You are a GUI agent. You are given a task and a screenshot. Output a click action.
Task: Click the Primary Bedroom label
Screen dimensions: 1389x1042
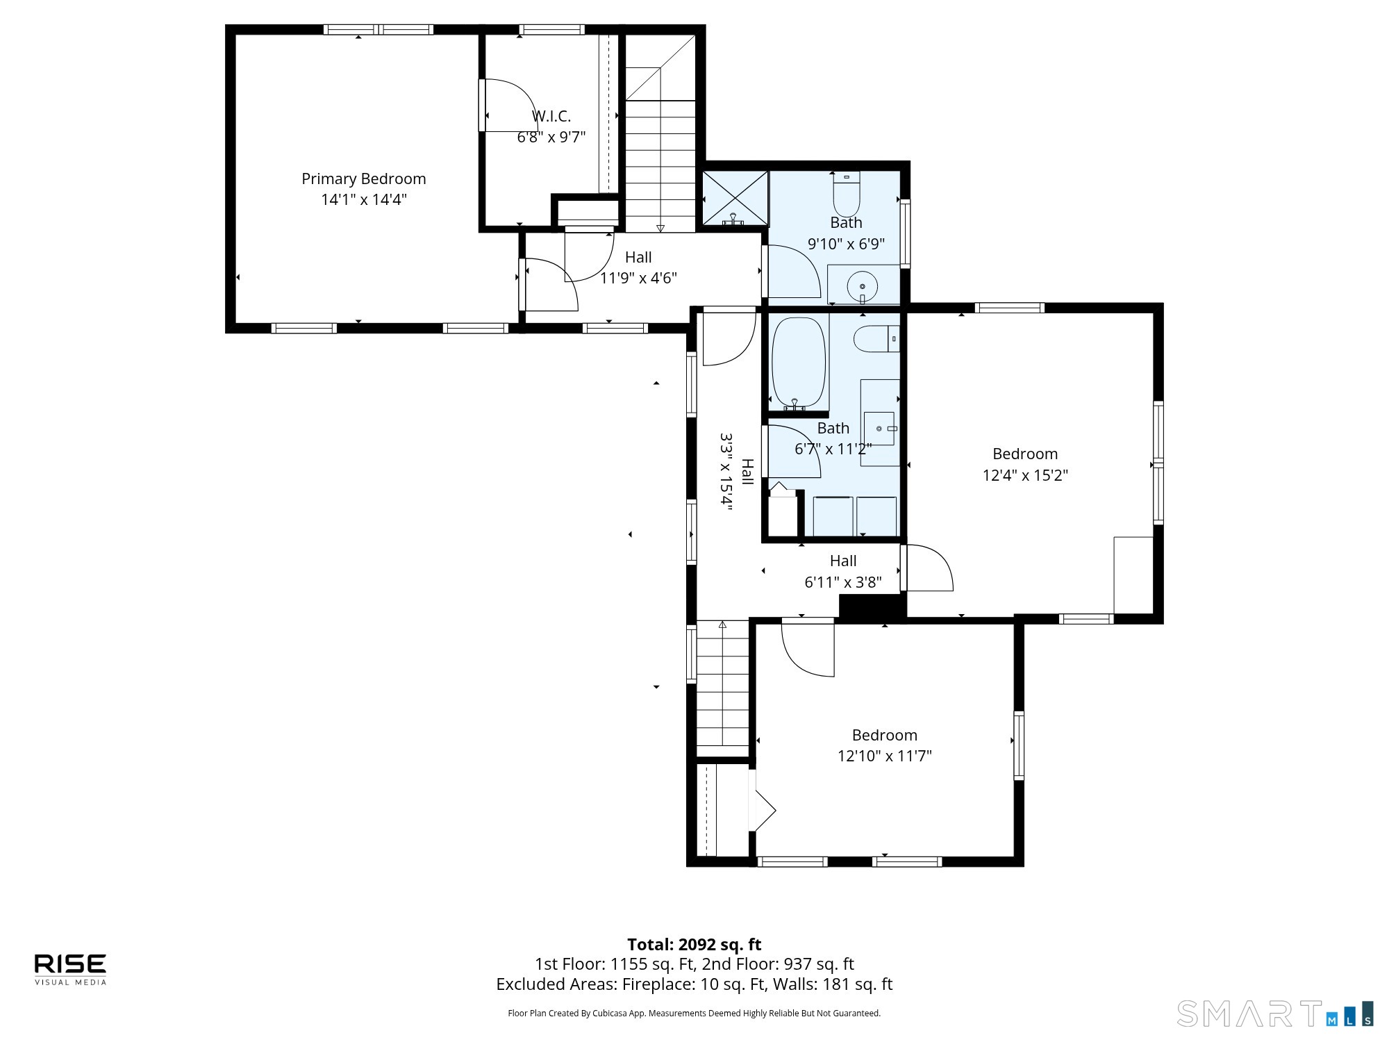pyautogui.click(x=363, y=179)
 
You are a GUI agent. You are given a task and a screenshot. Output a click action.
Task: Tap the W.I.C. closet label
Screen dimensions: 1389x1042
pyautogui.click(x=551, y=116)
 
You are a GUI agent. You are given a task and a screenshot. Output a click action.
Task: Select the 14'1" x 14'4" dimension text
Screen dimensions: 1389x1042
pyautogui.click(x=363, y=200)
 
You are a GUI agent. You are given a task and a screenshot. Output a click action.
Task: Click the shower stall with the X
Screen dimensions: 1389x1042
pyautogui.click(x=735, y=199)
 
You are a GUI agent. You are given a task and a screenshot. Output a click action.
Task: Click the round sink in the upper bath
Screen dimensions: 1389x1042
pyautogui.click(x=863, y=286)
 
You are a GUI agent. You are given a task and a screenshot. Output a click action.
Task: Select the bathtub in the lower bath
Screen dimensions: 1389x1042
pyautogui.click(x=799, y=363)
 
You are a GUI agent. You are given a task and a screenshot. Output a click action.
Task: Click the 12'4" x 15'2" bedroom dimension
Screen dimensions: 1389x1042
pyautogui.click(x=1025, y=475)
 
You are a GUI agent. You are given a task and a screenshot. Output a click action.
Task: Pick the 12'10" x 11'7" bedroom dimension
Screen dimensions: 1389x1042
pyautogui.click(x=885, y=756)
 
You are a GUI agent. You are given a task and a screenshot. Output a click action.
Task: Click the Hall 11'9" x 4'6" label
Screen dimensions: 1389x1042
pyautogui.click(x=638, y=267)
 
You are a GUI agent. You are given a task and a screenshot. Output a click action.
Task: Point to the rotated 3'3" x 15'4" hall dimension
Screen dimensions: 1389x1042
pyautogui.click(x=726, y=472)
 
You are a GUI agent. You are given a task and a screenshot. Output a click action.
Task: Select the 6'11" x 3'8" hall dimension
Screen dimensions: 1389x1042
pyautogui.click(x=843, y=582)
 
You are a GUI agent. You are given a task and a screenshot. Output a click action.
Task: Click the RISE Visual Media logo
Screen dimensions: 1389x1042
pyautogui.click(x=71, y=969)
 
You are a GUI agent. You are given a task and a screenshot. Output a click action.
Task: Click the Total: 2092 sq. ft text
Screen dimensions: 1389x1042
pyautogui.click(x=694, y=945)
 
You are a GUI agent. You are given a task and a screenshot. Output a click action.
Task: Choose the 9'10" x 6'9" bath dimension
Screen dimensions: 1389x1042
pyautogui.click(x=846, y=244)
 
